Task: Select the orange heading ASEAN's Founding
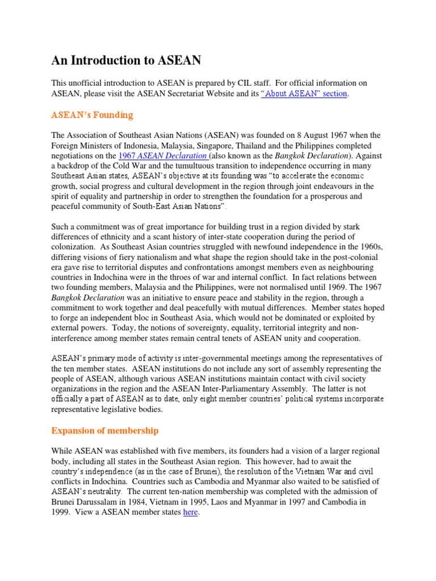[x=92, y=115]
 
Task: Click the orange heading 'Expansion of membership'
[x=105, y=431]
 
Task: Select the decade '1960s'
[x=366, y=247]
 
